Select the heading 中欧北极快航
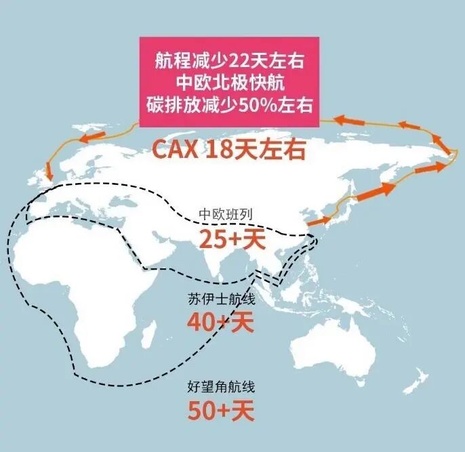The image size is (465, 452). pyautogui.click(x=228, y=83)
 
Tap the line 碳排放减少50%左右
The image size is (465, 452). pyautogui.click(x=228, y=105)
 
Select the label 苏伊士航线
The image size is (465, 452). pyautogui.click(x=221, y=298)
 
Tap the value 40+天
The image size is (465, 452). pyautogui.click(x=220, y=321)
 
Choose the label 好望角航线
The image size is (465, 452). pyautogui.click(x=221, y=388)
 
